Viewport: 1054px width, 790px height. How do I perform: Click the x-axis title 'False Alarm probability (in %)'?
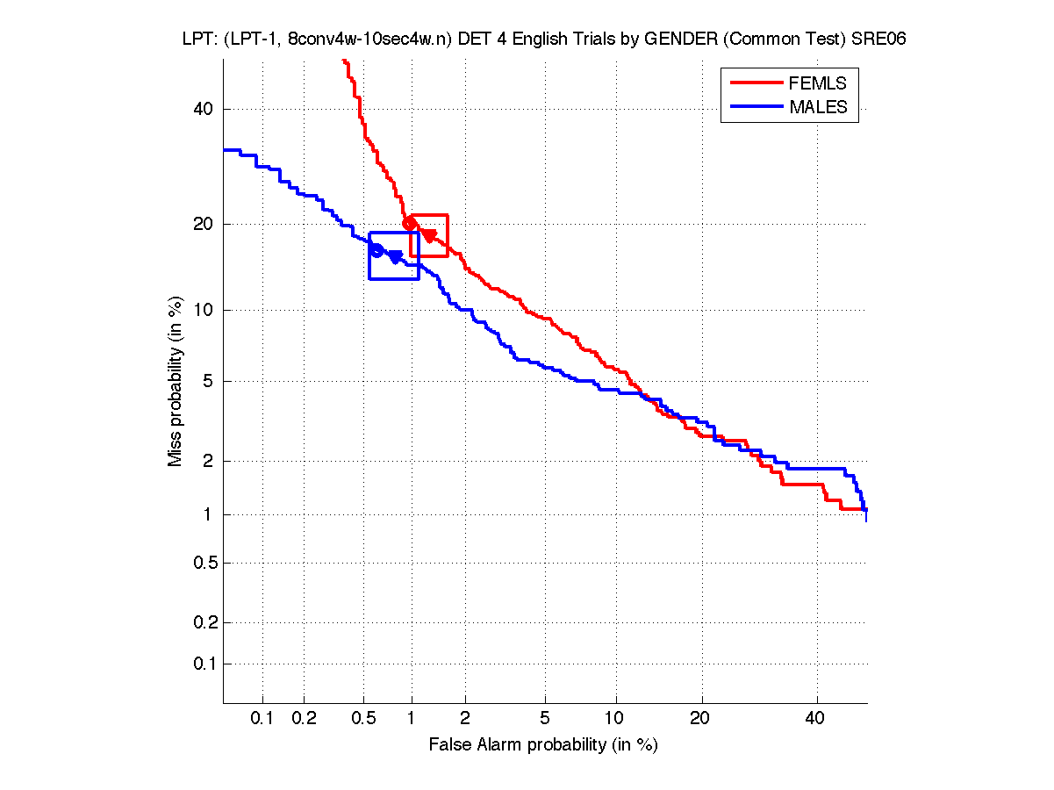tap(543, 745)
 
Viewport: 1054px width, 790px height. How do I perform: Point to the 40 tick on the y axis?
tap(204, 109)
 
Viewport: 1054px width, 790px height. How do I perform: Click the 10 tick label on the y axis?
tap(204, 310)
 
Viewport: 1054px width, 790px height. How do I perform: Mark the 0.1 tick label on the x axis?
tap(262, 719)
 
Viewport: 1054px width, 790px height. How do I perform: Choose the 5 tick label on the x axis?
tap(546, 719)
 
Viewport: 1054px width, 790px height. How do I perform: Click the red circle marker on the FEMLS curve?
tap(409, 223)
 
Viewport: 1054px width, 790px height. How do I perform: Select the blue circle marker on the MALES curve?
tap(376, 250)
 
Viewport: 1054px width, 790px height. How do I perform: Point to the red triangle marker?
tap(429, 235)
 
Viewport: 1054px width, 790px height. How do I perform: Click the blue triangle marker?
tap(396, 256)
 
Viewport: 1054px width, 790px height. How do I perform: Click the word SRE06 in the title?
tap(879, 39)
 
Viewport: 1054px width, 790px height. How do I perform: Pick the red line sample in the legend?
tap(756, 83)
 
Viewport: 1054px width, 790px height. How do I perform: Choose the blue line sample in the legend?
tap(756, 108)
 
